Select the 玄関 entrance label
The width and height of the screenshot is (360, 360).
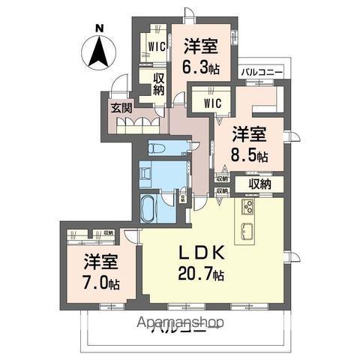click(121, 108)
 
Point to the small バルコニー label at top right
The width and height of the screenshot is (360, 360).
click(261, 72)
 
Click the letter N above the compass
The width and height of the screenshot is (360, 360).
click(98, 30)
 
